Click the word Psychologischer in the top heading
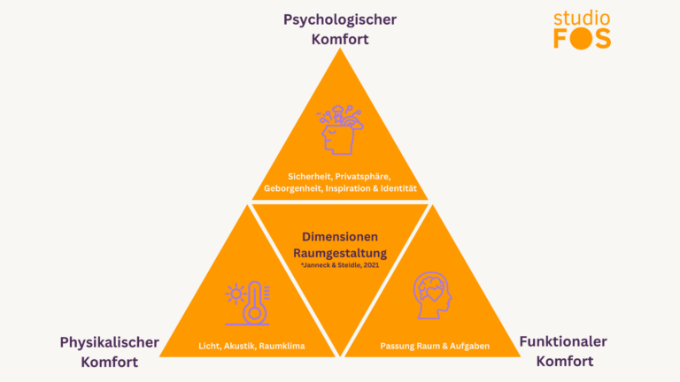(340, 19)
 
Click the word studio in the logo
(583, 18)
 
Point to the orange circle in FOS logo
(583, 39)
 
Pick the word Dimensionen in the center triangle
(340, 237)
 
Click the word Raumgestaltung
(340, 252)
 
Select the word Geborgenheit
(296, 189)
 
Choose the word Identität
(396, 189)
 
